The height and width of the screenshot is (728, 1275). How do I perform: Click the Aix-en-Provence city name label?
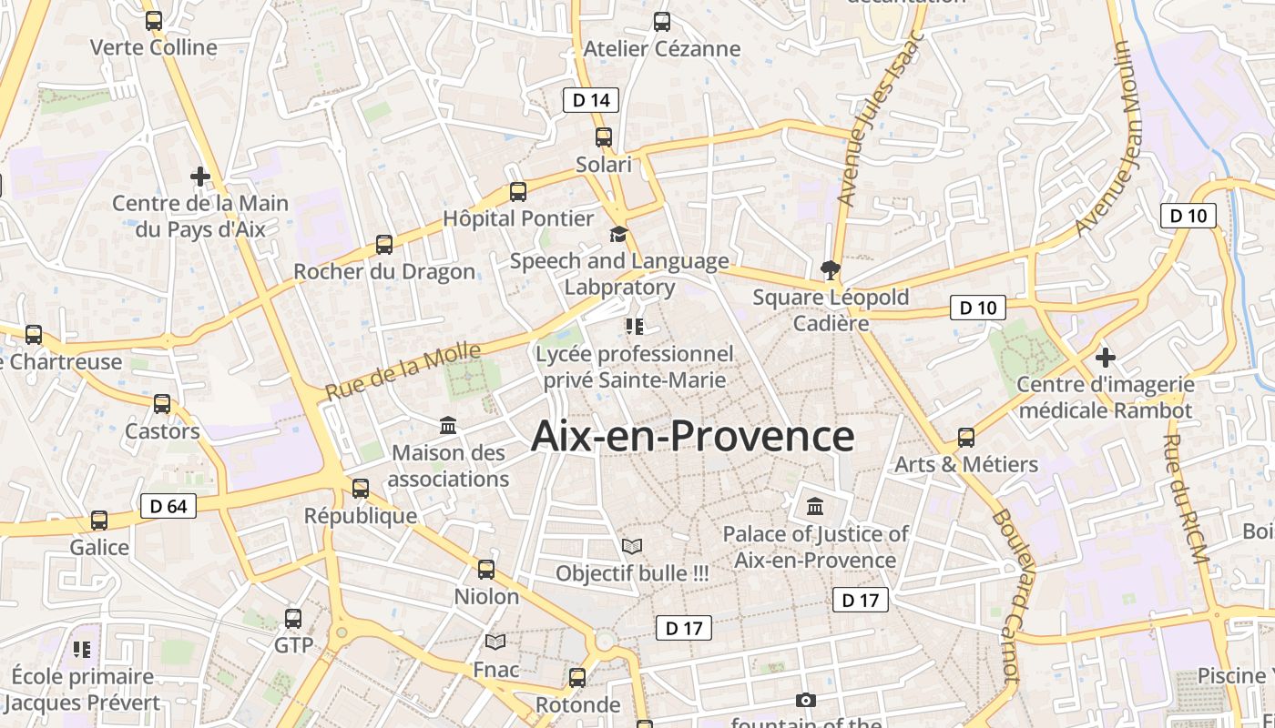click(692, 437)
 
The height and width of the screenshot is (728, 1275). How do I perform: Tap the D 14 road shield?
click(591, 100)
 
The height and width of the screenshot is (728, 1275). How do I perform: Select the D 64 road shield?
click(168, 506)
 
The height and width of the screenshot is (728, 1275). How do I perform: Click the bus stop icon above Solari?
click(604, 137)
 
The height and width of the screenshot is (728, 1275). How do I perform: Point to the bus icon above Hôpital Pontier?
click(518, 192)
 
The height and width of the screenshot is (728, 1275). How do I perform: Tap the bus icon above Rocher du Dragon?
click(384, 245)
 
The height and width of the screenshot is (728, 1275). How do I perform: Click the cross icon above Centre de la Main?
click(200, 176)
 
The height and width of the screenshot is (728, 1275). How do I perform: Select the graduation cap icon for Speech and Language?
click(619, 235)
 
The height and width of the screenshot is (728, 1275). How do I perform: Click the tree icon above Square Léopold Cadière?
click(830, 269)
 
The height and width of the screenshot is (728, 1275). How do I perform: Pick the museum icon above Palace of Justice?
click(815, 506)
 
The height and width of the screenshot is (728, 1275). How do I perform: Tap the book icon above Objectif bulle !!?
click(632, 546)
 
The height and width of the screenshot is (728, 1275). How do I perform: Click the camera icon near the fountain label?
click(806, 700)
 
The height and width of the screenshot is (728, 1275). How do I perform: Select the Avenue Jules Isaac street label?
click(881, 118)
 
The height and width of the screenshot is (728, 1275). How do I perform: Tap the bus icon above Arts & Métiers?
click(966, 438)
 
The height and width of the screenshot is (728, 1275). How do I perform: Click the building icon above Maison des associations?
click(448, 425)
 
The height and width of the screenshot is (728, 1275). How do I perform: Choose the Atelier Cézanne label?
click(662, 48)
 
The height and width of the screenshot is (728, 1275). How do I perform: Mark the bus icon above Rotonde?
click(577, 678)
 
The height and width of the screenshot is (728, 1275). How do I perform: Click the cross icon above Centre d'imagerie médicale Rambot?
click(1106, 358)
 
